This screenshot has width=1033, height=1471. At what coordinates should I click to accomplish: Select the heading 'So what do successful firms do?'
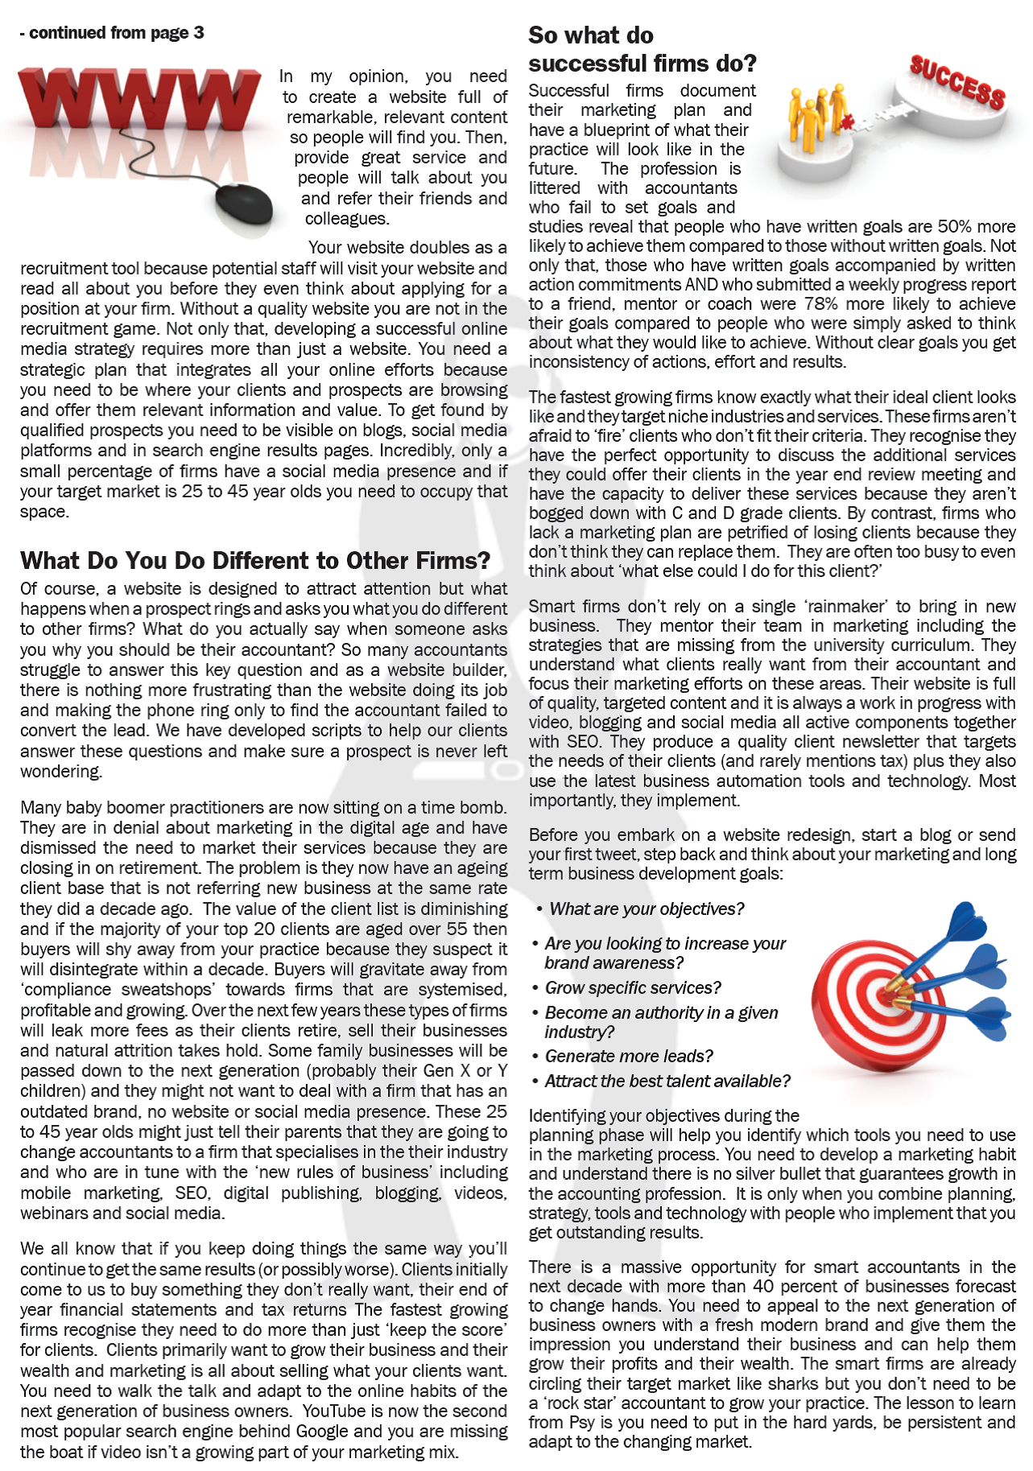642,49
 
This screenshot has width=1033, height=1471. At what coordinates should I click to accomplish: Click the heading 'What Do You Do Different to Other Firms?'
255,560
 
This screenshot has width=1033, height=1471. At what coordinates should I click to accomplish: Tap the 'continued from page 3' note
112,33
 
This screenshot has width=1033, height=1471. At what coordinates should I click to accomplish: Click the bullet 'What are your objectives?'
646,909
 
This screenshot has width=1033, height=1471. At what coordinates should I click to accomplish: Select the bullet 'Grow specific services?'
633,987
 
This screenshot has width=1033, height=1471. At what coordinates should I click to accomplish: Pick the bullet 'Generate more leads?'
629,1056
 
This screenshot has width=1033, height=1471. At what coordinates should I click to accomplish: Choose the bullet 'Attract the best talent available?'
667,1081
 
